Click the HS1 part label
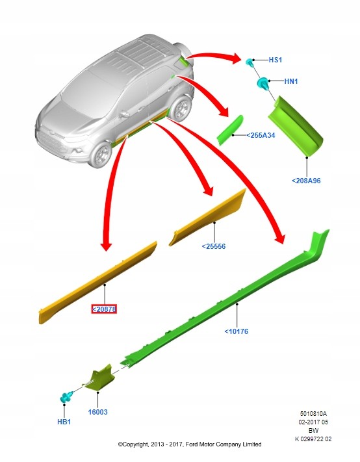[x=275, y=60]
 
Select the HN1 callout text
[x=291, y=81]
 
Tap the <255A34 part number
[x=261, y=135]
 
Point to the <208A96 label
[x=306, y=181]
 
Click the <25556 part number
[x=214, y=246]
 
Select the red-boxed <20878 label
[x=104, y=309]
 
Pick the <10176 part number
[x=237, y=331]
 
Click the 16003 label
[x=98, y=412]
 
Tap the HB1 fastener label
[x=64, y=422]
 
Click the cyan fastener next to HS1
[x=250, y=62]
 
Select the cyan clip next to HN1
[x=263, y=83]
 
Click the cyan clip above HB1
[x=66, y=397]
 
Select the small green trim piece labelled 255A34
[x=231, y=130]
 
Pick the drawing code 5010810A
[x=313, y=414]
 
